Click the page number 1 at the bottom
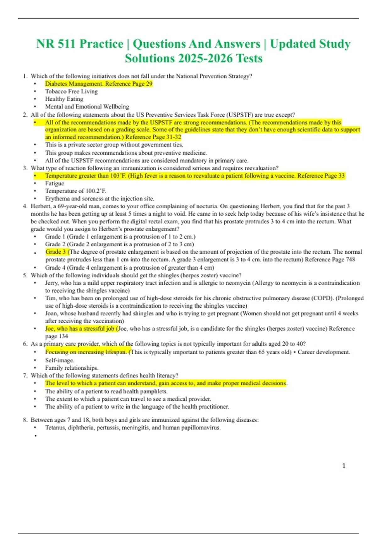click(x=344, y=466)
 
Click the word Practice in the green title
click(x=101, y=44)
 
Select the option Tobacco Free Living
click(x=71, y=91)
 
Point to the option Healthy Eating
click(x=64, y=99)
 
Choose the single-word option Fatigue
click(x=55, y=183)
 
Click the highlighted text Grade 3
click(x=56, y=252)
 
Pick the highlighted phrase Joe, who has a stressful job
click(x=80, y=329)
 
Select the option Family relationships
click(x=72, y=368)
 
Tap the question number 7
click(x=25, y=375)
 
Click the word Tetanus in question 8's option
click(x=55, y=428)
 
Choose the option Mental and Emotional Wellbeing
click(x=87, y=106)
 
